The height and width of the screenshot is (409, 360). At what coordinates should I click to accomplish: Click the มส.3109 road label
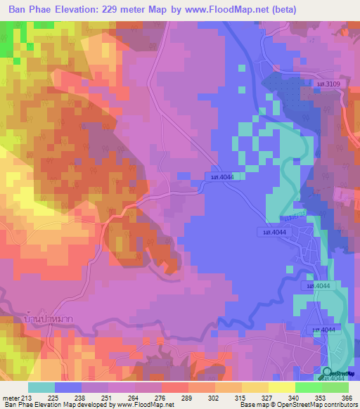[x=328, y=85]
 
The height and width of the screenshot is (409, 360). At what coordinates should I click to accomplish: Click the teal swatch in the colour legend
[x=41, y=387]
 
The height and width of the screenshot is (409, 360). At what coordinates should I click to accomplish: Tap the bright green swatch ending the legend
[x=334, y=387]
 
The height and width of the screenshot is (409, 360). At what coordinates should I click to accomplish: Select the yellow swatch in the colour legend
[x=255, y=387]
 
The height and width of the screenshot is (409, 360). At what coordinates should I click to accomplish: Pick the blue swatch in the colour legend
[x=68, y=387]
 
